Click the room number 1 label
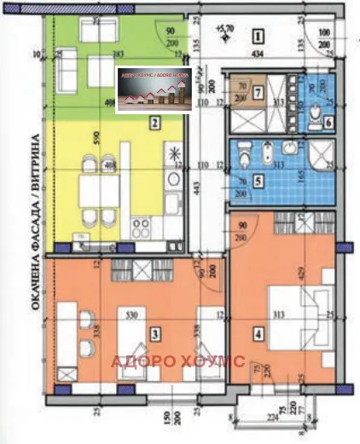click(257, 37)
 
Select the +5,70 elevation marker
click(225, 27)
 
